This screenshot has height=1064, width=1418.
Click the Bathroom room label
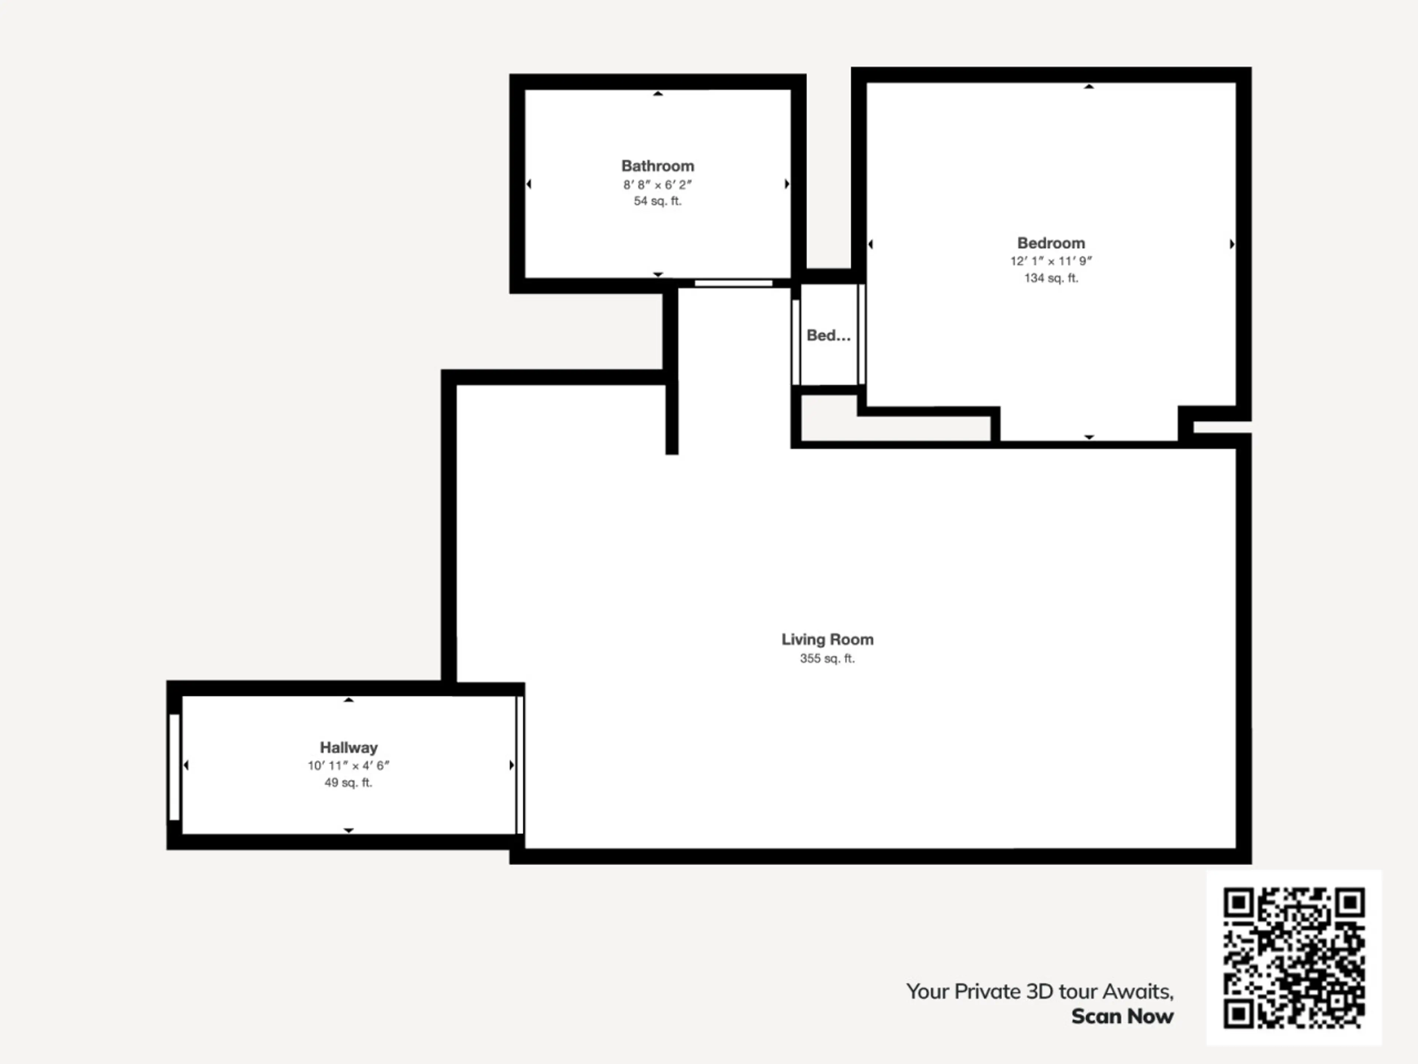point(658,166)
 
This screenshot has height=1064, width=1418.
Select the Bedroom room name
point(1051,243)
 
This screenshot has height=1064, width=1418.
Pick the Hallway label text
point(349,748)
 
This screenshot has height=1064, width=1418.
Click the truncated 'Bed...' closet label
point(828,335)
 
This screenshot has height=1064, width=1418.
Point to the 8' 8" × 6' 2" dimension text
point(658,185)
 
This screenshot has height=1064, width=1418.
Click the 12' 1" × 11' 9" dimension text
point(1051,261)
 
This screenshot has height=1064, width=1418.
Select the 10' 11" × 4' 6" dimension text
point(349,766)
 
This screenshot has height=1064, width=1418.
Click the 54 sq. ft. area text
point(658,201)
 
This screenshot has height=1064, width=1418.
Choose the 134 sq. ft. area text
point(1051,278)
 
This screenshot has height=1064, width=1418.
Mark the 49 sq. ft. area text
point(349,783)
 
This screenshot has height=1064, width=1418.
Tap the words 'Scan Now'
point(1123,1017)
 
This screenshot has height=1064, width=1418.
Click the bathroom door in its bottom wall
point(733,283)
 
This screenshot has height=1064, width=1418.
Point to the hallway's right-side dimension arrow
point(511,765)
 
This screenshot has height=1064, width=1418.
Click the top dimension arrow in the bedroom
point(1089,86)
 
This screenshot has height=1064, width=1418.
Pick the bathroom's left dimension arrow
point(529,184)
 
